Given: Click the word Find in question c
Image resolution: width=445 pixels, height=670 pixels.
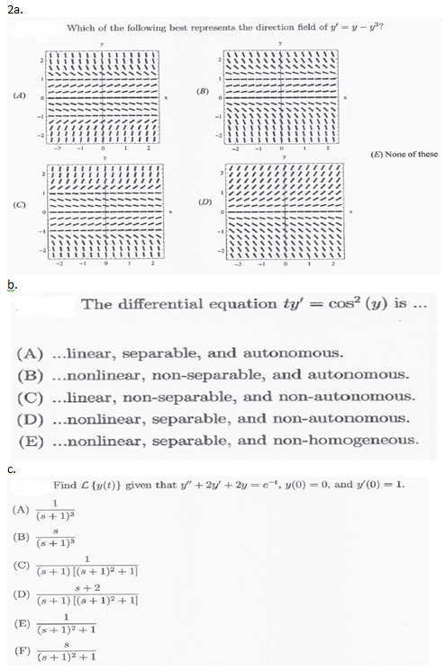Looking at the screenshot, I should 64,485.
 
